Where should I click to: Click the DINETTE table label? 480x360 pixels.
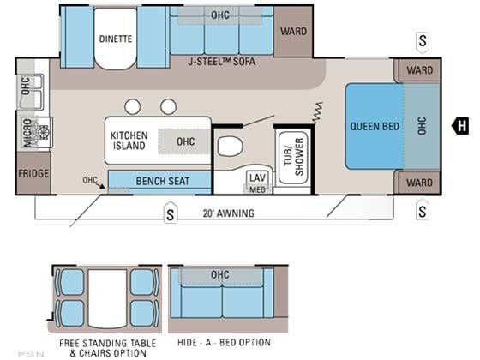coord(116,39)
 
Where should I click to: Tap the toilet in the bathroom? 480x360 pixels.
coord(230,146)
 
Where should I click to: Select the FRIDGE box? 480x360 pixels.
coord(33,173)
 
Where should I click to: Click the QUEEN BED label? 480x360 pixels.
coord(375,126)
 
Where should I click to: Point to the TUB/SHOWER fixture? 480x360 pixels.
coord(293,158)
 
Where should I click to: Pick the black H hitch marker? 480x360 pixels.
coord(460,125)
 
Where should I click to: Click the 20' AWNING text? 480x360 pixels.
coord(228,213)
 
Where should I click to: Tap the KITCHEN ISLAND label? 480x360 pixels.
coord(129,141)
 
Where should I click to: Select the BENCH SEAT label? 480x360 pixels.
coord(163,181)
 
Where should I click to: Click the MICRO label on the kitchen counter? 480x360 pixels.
coord(27,133)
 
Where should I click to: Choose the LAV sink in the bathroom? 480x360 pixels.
coord(257,177)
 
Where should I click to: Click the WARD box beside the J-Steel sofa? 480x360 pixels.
coord(293,31)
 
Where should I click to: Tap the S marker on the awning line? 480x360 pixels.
coord(171,213)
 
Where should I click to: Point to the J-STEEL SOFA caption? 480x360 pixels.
coord(221,62)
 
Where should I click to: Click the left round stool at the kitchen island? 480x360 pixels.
coord(133,107)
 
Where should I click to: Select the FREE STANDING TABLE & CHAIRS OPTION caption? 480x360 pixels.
coord(107,348)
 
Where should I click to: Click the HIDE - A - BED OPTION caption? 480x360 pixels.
coord(224,342)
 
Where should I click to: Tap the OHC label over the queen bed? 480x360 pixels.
coord(422,125)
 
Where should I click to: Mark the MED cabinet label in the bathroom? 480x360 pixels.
coord(257,189)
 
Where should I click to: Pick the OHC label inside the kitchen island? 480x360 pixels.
coord(185,141)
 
